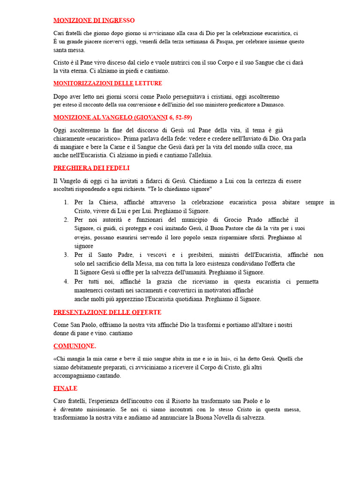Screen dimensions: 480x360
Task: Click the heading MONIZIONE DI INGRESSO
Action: [94, 21]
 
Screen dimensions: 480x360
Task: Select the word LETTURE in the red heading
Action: [149, 83]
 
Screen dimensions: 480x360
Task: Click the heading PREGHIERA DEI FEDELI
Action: [91, 168]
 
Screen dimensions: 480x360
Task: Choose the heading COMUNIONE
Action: [75, 346]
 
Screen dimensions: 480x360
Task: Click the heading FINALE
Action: [65, 389]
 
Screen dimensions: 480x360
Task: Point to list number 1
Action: [66, 202]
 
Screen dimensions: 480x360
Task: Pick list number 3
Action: [66, 255]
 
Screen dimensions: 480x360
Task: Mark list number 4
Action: [66, 282]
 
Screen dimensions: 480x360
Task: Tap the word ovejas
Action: [83, 237]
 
